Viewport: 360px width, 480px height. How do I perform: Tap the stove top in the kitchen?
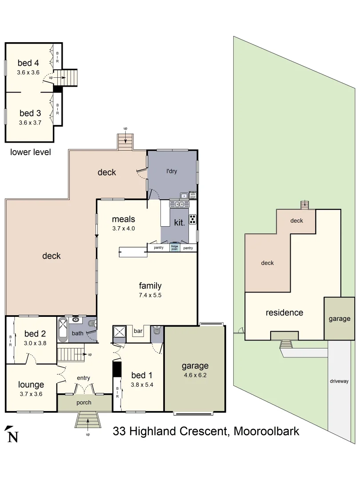tap(193, 220)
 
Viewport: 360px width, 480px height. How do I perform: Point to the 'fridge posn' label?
tap(174, 248)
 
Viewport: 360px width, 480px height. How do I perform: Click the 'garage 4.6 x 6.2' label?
tap(195, 370)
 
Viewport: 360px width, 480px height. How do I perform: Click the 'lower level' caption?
tap(30, 152)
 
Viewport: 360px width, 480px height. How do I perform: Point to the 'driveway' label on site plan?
tap(339, 381)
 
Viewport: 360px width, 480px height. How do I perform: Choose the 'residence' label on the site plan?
tap(284, 313)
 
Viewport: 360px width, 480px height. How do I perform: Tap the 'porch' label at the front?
tap(84, 403)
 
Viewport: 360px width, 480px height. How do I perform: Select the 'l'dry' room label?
tap(172, 171)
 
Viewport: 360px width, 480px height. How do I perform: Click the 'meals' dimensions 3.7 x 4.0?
tap(123, 229)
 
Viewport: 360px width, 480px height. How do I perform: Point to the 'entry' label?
tap(84, 378)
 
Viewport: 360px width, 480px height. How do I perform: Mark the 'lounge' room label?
tap(31, 384)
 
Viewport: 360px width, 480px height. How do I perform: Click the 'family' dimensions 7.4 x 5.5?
tap(150, 295)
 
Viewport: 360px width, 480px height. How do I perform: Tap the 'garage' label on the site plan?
tap(339, 319)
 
